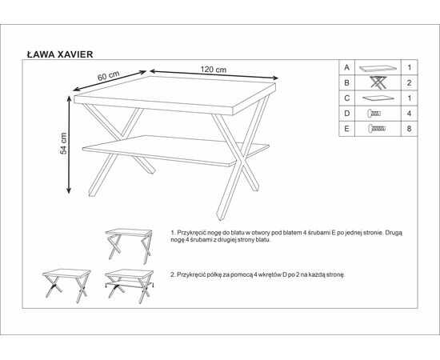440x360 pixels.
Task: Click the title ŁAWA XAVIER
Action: tap(60, 54)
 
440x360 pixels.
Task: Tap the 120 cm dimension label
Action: tap(214, 70)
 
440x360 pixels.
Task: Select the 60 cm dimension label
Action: tap(108, 76)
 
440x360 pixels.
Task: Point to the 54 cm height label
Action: tap(64, 143)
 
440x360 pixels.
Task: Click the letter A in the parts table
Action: tap(347, 68)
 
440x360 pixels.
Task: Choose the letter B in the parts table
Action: tap(347, 83)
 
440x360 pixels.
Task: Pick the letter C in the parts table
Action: tap(347, 98)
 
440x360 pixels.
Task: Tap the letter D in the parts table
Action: tap(347, 114)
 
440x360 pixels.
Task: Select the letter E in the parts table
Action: tap(347, 129)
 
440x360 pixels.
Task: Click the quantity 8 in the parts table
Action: tap(409, 129)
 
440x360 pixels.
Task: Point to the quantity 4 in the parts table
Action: tap(409, 114)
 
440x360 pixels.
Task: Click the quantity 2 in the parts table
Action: tap(409, 83)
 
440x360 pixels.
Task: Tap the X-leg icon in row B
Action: tap(378, 82)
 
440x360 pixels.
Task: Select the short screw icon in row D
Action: tap(374, 114)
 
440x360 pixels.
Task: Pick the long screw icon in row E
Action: tap(377, 129)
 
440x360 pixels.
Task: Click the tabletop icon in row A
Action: tap(378, 68)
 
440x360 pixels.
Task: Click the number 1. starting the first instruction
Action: tap(173, 233)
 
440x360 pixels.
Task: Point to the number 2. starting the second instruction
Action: tap(173, 274)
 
